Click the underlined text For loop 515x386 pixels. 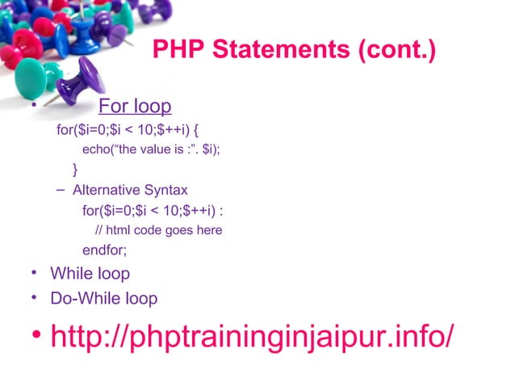pos(134,107)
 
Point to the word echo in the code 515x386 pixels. pos(98,149)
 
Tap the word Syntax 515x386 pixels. pos(165,191)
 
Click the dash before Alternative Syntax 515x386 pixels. pos(62,191)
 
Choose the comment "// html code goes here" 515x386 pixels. pos(158,230)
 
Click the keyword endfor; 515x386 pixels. pos(104,250)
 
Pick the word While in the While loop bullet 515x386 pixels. pos(69,274)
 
